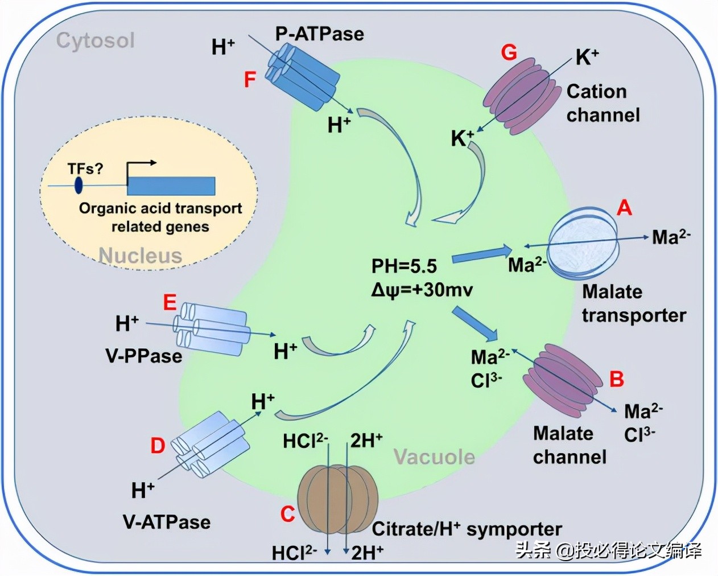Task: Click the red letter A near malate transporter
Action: click(624, 208)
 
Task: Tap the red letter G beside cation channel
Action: click(509, 52)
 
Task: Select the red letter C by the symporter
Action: click(288, 514)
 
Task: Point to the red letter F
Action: click(250, 80)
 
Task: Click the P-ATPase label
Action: click(319, 34)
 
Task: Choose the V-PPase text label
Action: click(143, 356)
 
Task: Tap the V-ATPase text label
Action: click(167, 522)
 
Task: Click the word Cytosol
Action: click(96, 40)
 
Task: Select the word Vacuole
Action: click(434, 456)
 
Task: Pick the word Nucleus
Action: click(141, 256)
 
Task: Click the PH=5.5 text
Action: click(404, 266)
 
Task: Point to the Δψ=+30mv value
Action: click(422, 290)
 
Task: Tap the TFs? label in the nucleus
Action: click(85, 168)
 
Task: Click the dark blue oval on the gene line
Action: click(79, 185)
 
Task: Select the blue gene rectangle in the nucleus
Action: click(171, 186)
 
